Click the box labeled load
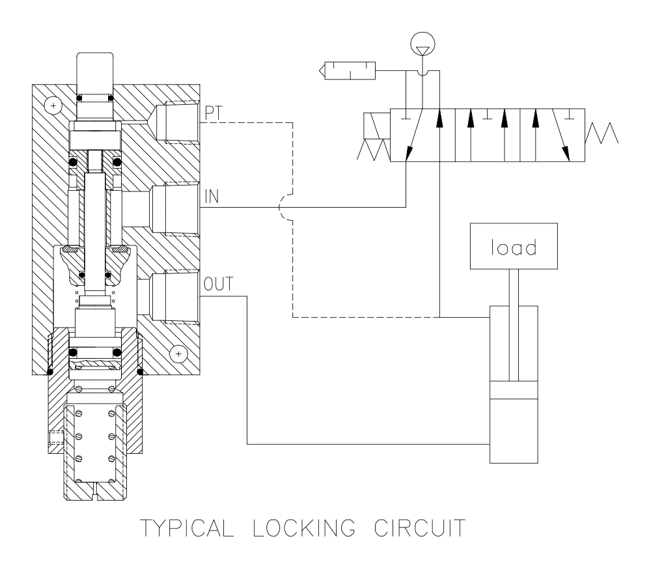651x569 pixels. click(514, 248)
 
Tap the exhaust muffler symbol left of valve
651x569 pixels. click(349, 68)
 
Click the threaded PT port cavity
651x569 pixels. click(174, 122)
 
